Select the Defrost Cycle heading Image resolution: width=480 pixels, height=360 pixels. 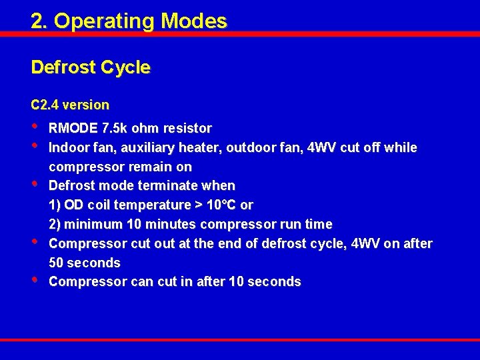(x=91, y=67)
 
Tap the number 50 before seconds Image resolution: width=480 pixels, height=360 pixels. (x=57, y=263)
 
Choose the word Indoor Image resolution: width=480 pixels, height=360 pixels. (x=70, y=147)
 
